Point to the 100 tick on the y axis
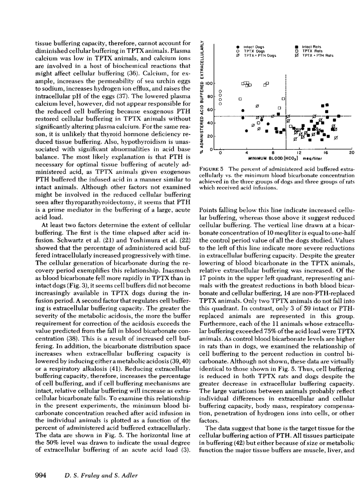[x=209, y=83]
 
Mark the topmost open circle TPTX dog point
[x=220, y=91]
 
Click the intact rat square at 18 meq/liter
[x=339, y=116]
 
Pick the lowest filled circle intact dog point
[x=246, y=131]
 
